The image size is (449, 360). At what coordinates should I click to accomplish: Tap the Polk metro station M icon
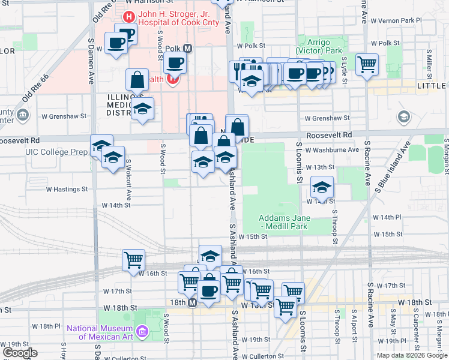(x=187, y=49)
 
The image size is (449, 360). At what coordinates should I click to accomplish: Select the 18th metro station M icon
(x=193, y=304)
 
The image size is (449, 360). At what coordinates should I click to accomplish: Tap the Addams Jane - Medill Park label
(x=283, y=222)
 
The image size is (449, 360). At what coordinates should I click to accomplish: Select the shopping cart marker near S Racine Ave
(x=367, y=64)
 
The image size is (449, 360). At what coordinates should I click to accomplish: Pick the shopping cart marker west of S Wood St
(x=133, y=260)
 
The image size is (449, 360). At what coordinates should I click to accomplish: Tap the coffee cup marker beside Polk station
(x=175, y=62)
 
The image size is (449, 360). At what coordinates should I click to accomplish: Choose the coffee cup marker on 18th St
(x=209, y=291)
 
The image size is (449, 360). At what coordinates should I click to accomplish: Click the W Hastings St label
(x=67, y=189)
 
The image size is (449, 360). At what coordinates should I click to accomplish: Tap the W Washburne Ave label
(x=332, y=150)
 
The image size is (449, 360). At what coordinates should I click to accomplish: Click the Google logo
(x=20, y=353)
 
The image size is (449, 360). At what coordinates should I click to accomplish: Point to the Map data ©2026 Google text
(x=412, y=355)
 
